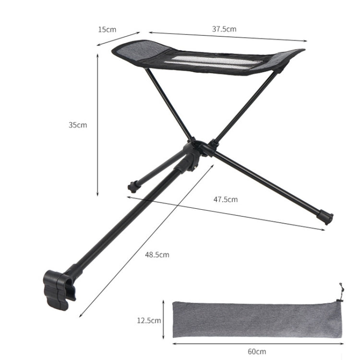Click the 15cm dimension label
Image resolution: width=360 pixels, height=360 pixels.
click(x=107, y=29)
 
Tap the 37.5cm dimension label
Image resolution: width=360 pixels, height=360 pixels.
click(x=224, y=29)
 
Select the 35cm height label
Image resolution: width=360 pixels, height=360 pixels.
click(x=78, y=125)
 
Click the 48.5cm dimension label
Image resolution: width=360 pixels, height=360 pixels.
click(x=157, y=254)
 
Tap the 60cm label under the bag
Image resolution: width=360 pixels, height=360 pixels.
click(x=257, y=351)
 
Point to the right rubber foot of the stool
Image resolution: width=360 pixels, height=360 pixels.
click(x=327, y=218)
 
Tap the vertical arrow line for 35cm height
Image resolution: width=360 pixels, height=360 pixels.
click(x=98, y=125)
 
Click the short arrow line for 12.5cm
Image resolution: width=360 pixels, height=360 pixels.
click(x=165, y=320)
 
